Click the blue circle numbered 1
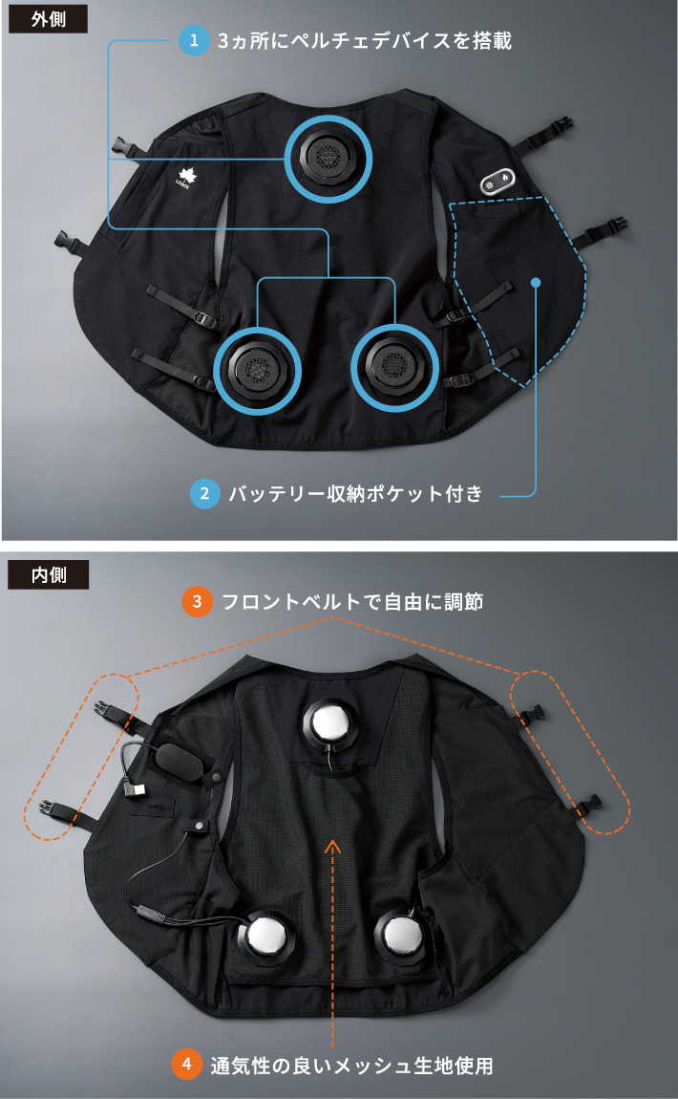pyautogui.click(x=195, y=40)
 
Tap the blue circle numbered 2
pyautogui.click(x=204, y=494)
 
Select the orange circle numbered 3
pyautogui.click(x=197, y=602)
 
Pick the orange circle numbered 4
pyautogui.click(x=187, y=1065)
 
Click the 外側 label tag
pyautogui.click(x=48, y=19)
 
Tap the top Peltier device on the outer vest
pyautogui.click(x=328, y=154)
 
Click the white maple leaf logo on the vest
pyautogui.click(x=186, y=178)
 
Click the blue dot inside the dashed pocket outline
pyautogui.click(x=536, y=282)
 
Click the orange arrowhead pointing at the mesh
pyautogui.click(x=331, y=845)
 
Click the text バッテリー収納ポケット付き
pyautogui.click(x=355, y=494)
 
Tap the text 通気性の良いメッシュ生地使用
pyautogui.click(x=351, y=1065)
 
